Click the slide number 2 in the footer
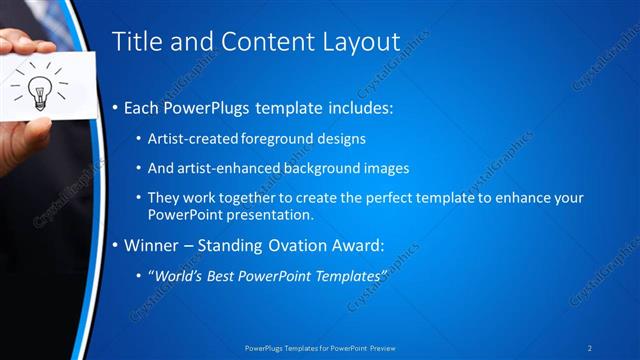pos(589,347)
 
